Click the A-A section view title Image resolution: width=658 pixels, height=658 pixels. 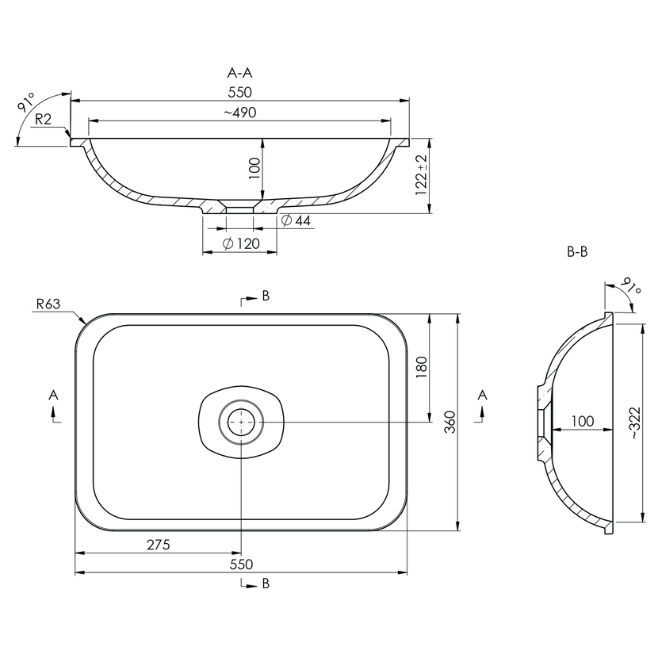tap(239, 73)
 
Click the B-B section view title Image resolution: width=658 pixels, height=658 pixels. tap(577, 252)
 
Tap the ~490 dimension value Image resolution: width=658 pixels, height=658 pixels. tap(240, 113)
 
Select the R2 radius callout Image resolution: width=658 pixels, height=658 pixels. tap(44, 120)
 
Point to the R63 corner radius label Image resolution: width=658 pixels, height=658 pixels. tap(48, 304)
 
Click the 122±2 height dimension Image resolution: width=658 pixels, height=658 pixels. tap(421, 175)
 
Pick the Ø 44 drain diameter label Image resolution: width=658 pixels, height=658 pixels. tap(296, 220)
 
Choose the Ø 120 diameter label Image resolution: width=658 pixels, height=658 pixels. tap(241, 243)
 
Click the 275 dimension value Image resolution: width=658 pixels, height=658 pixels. tap(159, 545)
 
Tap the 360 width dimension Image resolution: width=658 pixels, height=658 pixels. tap(450, 423)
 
